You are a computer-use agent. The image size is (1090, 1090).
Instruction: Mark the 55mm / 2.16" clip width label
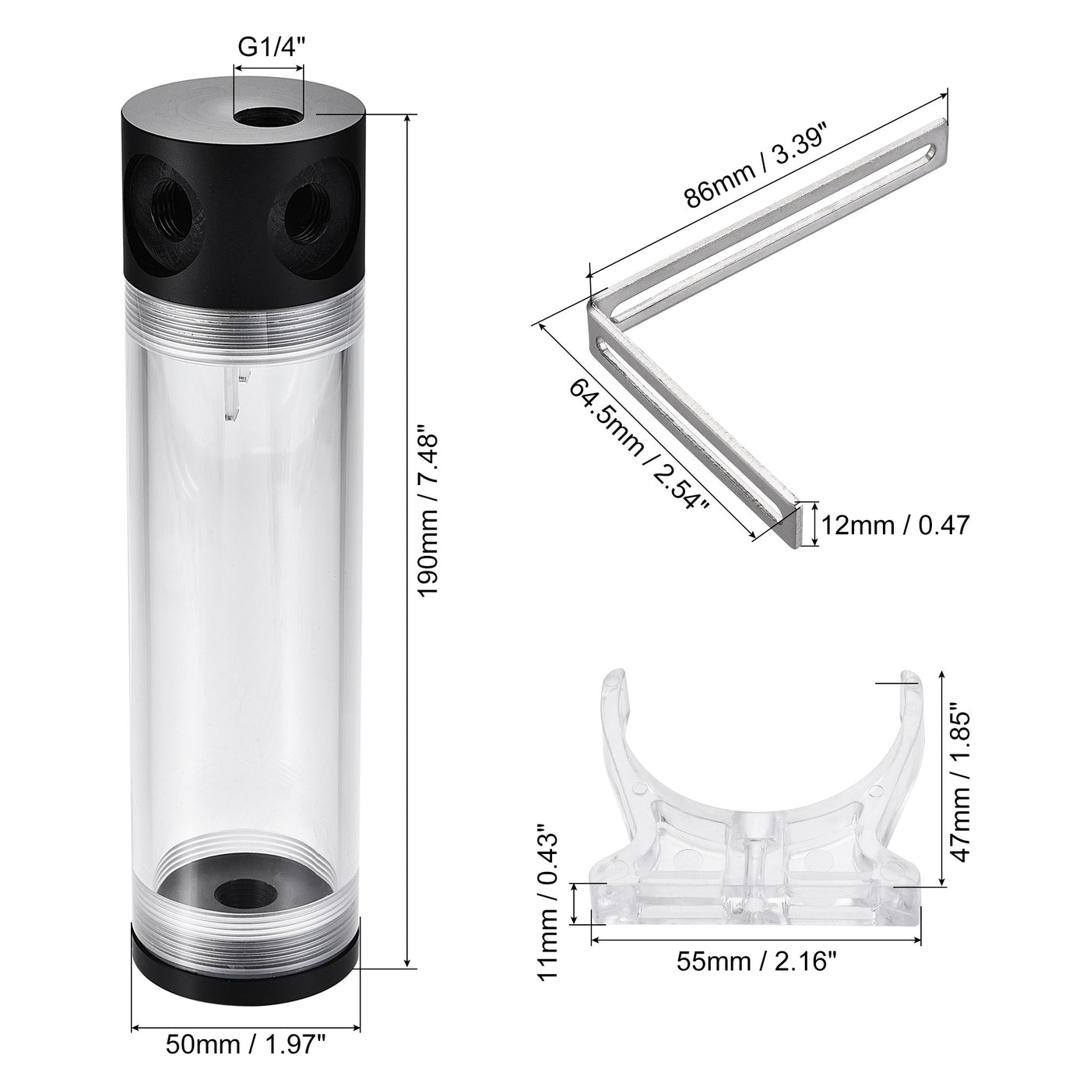[x=756, y=962]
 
